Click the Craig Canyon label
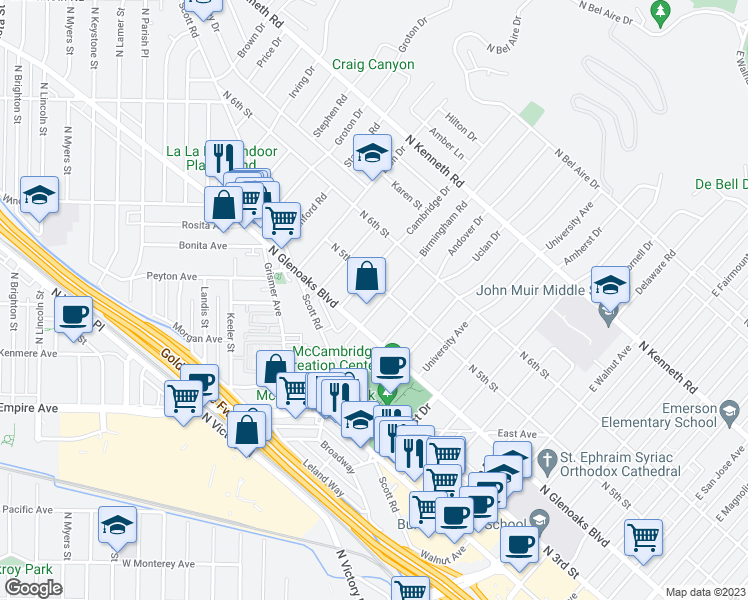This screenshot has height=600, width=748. (373, 65)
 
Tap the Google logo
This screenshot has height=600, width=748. (33, 588)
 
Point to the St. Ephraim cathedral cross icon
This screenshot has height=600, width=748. (546, 461)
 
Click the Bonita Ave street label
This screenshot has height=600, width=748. (204, 245)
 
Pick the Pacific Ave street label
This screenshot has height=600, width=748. (27, 509)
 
